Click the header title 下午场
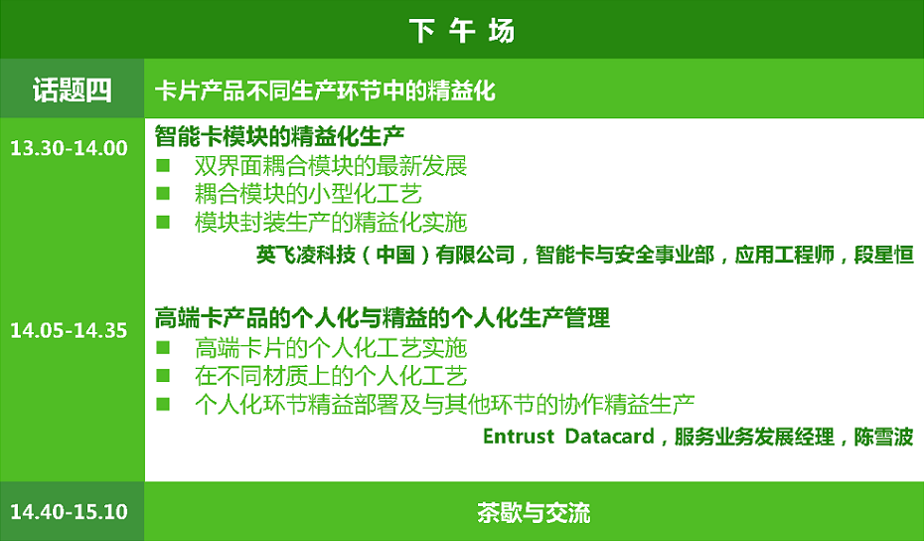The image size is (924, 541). pos(462,31)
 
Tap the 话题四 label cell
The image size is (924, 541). pos(72,90)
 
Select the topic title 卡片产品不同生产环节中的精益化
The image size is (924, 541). pos(325,90)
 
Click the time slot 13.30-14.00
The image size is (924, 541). pos(69,148)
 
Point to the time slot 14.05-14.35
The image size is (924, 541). pos(69,330)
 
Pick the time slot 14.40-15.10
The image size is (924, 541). pos(69,511)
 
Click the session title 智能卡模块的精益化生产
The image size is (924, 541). pos(279,136)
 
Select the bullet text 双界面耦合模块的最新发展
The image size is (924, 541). pos(331,166)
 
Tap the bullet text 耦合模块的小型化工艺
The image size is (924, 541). pos(308,194)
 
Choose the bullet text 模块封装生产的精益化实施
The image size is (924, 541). pos(331,223)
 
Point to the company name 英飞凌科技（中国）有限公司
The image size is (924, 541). pos(385,255)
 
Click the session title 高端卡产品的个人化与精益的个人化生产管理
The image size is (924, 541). pos(382,318)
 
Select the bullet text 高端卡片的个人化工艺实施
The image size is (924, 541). pos(331,348)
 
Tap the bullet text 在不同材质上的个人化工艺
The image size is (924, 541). pos(331,376)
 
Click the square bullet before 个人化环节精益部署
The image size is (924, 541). pos(163,404)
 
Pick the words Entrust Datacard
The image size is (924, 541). pos(568,437)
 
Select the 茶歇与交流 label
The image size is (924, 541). pos(534,512)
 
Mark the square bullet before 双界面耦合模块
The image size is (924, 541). pos(163,165)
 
